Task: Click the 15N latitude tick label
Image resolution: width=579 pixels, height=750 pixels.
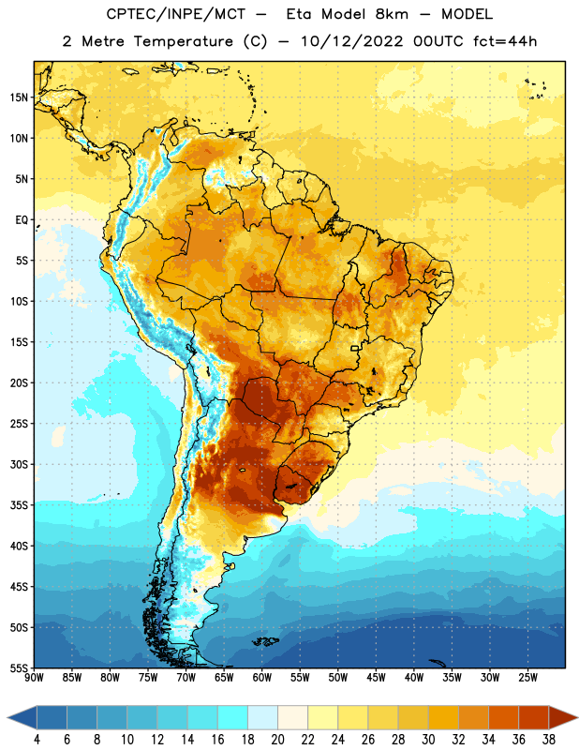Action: pyautogui.click(x=19, y=97)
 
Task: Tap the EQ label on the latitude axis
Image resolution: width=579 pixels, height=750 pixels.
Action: pyautogui.click(x=22, y=220)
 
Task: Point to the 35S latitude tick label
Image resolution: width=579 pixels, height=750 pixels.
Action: pyautogui.click(x=19, y=505)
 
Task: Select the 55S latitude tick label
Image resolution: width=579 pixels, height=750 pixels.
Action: pyautogui.click(x=19, y=668)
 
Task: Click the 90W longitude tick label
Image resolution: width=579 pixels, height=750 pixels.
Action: pyautogui.click(x=34, y=678)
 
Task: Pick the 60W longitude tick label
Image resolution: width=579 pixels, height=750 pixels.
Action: pyautogui.click(x=262, y=678)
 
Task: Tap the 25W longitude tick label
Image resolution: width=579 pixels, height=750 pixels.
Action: pyautogui.click(x=527, y=678)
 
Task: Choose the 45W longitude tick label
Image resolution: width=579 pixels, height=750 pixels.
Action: pyautogui.click(x=376, y=678)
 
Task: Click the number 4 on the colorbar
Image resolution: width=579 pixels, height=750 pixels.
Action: pyautogui.click(x=37, y=740)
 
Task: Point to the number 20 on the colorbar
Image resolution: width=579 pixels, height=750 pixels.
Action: pyautogui.click(x=277, y=740)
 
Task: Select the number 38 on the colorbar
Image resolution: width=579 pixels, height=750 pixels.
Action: pyautogui.click(x=548, y=740)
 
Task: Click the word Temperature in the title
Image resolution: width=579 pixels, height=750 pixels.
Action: pyautogui.click(x=183, y=41)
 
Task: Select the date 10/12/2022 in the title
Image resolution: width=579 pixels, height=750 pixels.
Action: pyautogui.click(x=352, y=41)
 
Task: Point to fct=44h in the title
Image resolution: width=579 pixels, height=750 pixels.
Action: pyautogui.click(x=505, y=41)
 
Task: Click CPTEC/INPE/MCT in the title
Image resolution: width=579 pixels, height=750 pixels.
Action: pyautogui.click(x=176, y=14)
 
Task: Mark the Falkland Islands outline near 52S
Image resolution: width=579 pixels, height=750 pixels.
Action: pyautogui.click(x=265, y=641)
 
